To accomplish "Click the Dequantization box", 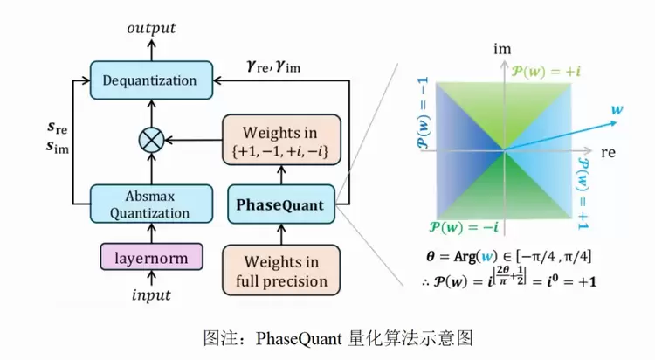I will tap(150, 80).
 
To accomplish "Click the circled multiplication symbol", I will tap(150, 139).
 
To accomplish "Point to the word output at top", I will tap(150, 28).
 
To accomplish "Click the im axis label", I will tap(502, 51).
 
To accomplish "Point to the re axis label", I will tap(609, 151).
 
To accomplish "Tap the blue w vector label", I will tap(617, 110).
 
